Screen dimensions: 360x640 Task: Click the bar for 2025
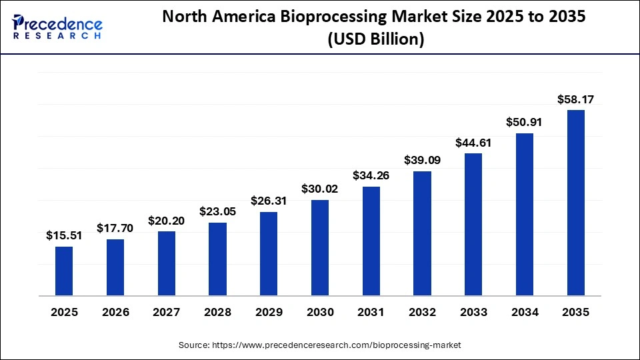point(64,271)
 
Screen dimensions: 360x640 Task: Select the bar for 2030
point(320,247)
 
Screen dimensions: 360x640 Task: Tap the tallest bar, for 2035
point(576,202)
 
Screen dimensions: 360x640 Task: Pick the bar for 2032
point(422,233)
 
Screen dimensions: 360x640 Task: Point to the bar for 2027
point(167,263)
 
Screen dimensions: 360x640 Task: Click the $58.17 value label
point(576,100)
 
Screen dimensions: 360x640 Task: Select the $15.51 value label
point(64,235)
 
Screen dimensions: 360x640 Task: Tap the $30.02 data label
point(320,189)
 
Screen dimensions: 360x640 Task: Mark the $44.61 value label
point(473,142)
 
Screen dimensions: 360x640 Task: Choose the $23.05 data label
point(217,211)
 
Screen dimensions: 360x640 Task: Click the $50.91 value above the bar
point(525,122)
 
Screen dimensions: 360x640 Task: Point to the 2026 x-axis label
point(115,312)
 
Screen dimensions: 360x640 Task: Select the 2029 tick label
point(269,312)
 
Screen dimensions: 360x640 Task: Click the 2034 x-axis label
point(525,312)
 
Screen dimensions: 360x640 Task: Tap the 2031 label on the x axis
point(371,312)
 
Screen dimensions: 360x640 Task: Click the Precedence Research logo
point(57,27)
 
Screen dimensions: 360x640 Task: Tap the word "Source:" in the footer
point(194,345)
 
